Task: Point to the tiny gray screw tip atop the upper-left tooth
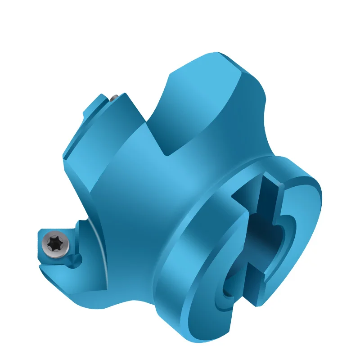[x=115, y=96]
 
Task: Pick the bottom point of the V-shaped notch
[x=167, y=155]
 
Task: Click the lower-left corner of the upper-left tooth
[x=65, y=157]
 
